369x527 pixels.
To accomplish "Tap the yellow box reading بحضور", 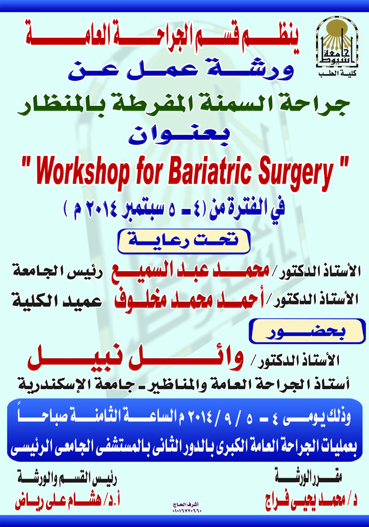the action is pyautogui.click(x=307, y=332).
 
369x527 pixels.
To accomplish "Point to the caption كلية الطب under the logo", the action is pyautogui.click(x=337, y=74).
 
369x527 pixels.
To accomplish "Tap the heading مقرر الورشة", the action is pyautogui.click(x=309, y=478).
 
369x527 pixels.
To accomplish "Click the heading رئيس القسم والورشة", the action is pyautogui.click(x=67, y=479).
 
